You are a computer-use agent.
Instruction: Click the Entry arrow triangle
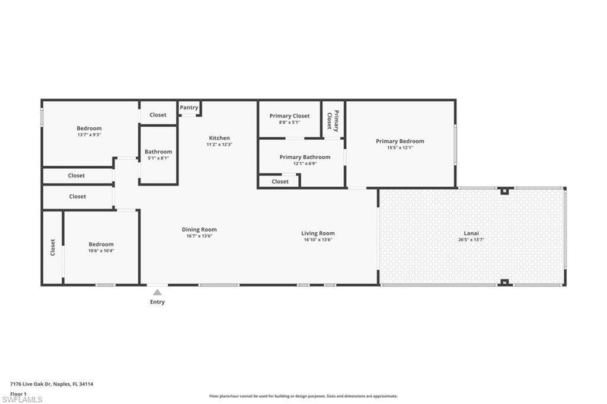pyautogui.click(x=157, y=292)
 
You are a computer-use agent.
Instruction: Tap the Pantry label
pyautogui.click(x=189, y=108)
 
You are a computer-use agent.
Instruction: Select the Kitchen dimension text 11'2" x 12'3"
pyautogui.click(x=219, y=145)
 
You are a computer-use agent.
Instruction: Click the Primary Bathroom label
pyautogui.click(x=305, y=157)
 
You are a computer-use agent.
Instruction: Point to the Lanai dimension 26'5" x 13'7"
pyautogui.click(x=471, y=239)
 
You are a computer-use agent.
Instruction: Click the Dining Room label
pyautogui.click(x=199, y=229)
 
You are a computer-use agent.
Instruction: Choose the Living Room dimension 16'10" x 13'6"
pyautogui.click(x=318, y=239)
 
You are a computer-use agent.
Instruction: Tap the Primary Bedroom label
pyautogui.click(x=400, y=141)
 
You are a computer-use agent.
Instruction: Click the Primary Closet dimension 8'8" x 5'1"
pyautogui.click(x=289, y=122)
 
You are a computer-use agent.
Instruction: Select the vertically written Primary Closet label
pyautogui.click(x=333, y=121)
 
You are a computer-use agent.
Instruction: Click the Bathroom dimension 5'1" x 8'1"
pyautogui.click(x=158, y=158)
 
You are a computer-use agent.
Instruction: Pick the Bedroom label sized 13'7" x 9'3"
pyautogui.click(x=89, y=128)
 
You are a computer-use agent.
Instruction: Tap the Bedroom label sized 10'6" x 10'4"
pyautogui.click(x=101, y=244)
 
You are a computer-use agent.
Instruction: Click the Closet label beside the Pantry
pyautogui.click(x=158, y=115)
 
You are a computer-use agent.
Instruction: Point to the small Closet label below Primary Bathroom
pyautogui.click(x=280, y=181)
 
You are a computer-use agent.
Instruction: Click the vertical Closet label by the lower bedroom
pyautogui.click(x=53, y=247)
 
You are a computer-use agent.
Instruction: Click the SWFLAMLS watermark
pyautogui.click(x=22, y=399)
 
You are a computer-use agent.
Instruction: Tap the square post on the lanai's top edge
pyautogui.click(x=504, y=191)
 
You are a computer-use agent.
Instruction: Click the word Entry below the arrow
pyautogui.click(x=157, y=302)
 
